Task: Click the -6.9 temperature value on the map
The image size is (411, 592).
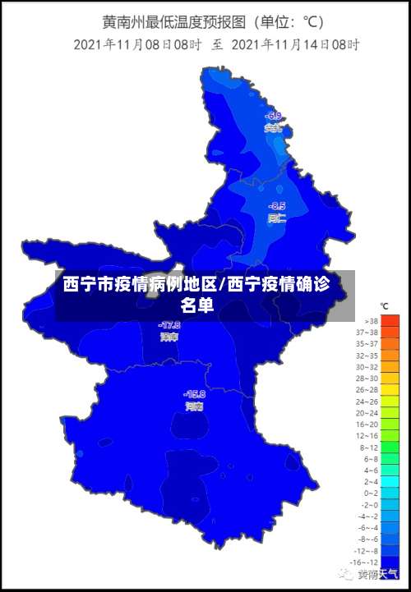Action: [274, 116]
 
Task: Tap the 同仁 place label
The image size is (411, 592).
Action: [277, 218]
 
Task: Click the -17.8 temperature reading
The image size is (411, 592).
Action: [169, 325]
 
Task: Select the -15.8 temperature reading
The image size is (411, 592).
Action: [195, 393]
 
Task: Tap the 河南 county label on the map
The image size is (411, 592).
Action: [195, 406]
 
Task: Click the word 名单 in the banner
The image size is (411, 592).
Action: [197, 305]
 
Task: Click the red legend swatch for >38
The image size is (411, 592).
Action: [390, 321]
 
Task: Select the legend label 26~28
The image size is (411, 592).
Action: [367, 390]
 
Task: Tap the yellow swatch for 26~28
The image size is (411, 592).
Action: [390, 390]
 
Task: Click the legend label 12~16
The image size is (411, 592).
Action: [367, 436]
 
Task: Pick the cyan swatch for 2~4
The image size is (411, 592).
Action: [390, 482]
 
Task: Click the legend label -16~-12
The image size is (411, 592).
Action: [366, 562]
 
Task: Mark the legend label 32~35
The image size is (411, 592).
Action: [367, 356]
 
